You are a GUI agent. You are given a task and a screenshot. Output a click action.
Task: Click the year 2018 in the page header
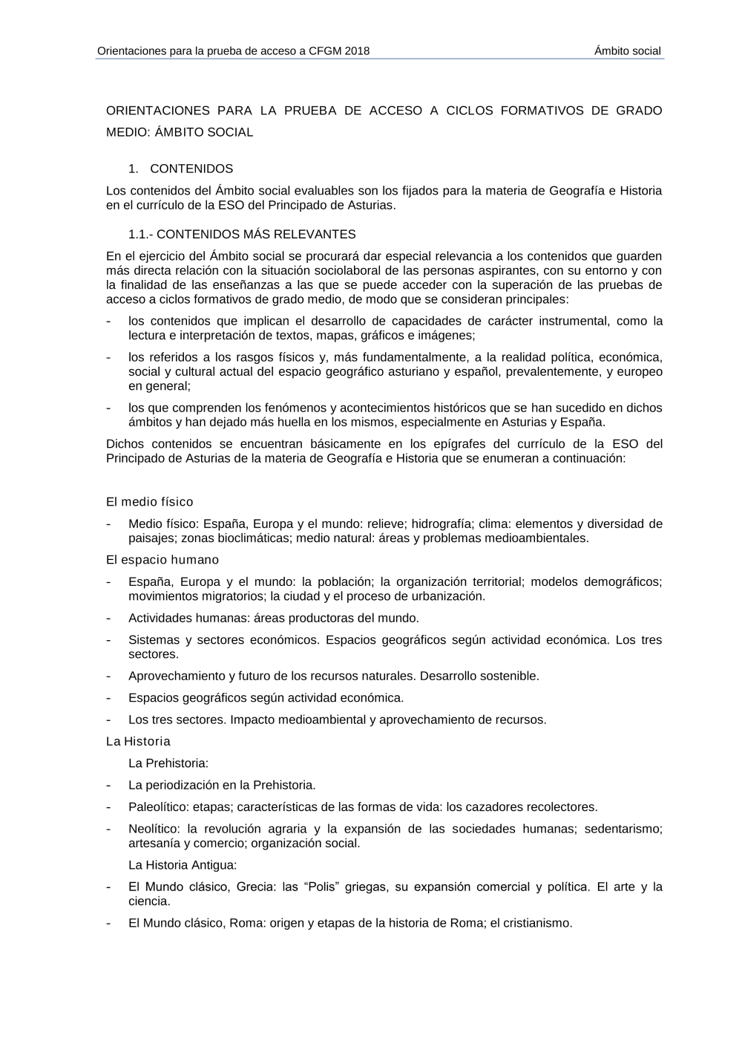[357, 51]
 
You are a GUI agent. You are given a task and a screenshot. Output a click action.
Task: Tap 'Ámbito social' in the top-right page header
[627, 51]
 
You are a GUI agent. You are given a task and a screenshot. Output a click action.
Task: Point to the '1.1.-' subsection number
[141, 235]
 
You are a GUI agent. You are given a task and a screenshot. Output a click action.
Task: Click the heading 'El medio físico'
[150, 502]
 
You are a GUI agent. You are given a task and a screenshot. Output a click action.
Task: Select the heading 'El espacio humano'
[162, 560]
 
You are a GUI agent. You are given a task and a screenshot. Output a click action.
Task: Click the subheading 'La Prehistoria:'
[168, 763]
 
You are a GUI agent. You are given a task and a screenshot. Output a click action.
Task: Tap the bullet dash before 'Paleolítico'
[110, 807]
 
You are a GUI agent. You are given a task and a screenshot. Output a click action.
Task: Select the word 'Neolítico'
[154, 829]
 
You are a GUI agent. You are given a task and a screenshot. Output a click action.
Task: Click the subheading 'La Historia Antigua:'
[183, 865]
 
